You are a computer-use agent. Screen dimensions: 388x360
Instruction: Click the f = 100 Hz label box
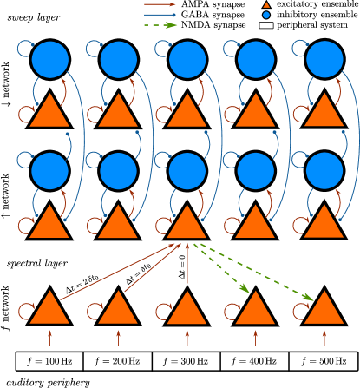pos(49,361)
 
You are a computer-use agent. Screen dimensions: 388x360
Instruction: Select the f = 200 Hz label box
pos(118,361)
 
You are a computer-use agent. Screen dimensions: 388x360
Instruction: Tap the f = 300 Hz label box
pos(187,361)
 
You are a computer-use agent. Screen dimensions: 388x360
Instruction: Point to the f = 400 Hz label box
pos(255,361)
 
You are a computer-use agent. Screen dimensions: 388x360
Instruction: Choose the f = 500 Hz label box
pos(324,361)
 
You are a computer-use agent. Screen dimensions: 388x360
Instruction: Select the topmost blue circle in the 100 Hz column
pos(49,59)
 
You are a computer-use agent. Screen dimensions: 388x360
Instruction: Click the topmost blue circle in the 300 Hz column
pos(187,59)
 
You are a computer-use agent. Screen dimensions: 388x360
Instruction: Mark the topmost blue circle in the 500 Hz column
pos(324,59)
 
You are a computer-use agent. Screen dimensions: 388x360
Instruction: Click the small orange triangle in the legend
pos(266,5)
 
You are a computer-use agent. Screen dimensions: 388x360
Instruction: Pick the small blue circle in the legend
pos(266,15)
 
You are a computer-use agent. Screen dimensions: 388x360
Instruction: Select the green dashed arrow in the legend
pos(160,25)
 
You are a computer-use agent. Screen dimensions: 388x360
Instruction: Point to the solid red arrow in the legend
pos(160,5)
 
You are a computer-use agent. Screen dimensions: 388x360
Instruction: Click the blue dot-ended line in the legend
pos(160,15)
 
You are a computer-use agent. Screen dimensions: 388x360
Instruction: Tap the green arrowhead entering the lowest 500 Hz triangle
pos(309,299)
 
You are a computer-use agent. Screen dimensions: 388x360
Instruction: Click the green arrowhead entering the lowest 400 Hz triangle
pos(245,289)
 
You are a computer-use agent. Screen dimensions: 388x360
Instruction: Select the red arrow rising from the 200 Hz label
pos(118,338)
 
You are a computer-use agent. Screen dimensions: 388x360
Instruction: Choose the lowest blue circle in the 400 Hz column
pos(255,171)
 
